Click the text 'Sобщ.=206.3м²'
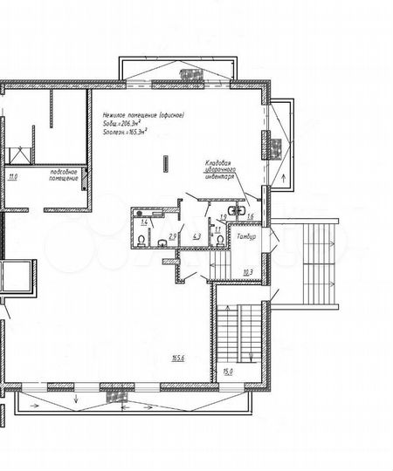point(124,123)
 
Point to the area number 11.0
point(12,177)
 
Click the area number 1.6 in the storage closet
point(250,216)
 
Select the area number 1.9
point(224,216)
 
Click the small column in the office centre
point(165,161)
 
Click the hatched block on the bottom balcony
point(115,396)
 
